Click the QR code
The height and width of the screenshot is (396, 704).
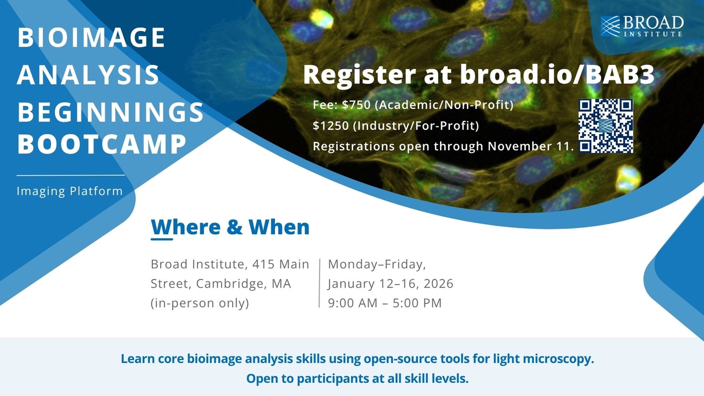[x=606, y=126]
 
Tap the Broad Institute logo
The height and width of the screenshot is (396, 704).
[x=642, y=26]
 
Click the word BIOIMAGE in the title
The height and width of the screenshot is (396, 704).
[x=91, y=37]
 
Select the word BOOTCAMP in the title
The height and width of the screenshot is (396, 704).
[x=102, y=144]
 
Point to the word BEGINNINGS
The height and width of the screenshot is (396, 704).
[x=111, y=112]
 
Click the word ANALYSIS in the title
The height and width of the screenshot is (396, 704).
[x=88, y=75]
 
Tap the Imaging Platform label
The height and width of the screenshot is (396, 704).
[x=69, y=191]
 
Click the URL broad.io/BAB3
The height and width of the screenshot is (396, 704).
[x=557, y=74]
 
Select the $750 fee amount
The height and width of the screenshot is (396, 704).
[x=356, y=105]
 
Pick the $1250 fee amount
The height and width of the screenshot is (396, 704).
[x=331, y=126]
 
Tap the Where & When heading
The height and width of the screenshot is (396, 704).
[x=230, y=227]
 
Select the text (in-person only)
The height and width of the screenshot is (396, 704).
[x=200, y=303]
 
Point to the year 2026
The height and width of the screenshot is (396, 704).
[x=438, y=284]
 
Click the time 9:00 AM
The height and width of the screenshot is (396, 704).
[x=353, y=303]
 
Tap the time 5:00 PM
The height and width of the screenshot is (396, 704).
[x=417, y=303]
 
